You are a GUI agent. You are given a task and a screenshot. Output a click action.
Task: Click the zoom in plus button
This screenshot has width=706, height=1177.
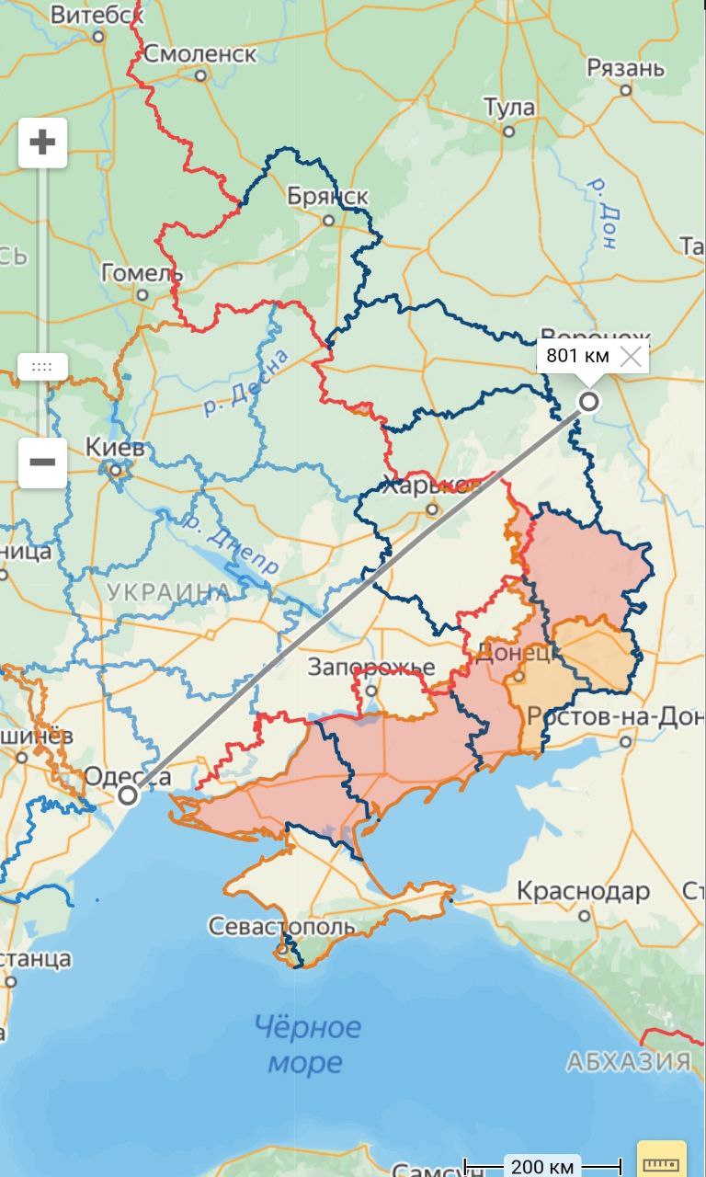click(x=42, y=143)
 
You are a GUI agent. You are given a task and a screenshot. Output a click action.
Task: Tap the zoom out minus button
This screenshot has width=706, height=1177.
click(x=42, y=462)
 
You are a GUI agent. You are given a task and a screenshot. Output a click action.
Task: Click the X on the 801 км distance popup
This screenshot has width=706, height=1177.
click(x=631, y=357)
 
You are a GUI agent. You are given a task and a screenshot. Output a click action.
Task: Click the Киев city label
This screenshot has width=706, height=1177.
click(x=115, y=449)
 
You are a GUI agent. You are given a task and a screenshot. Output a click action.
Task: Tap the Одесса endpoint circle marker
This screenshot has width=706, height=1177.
click(x=129, y=794)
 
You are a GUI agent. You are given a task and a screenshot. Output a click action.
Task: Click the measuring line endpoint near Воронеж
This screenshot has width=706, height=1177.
click(x=588, y=401)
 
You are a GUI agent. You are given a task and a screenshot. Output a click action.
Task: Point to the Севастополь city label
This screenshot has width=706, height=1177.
click(x=281, y=926)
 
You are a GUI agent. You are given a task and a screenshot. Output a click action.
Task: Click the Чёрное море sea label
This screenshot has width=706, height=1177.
click(x=307, y=1045)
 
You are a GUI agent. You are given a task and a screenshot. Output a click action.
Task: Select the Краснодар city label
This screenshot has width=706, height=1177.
click(x=583, y=891)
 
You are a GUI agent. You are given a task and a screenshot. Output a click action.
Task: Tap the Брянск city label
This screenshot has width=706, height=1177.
click(x=327, y=197)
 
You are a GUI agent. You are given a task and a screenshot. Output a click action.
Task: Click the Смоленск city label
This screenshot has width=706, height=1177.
click(x=200, y=53)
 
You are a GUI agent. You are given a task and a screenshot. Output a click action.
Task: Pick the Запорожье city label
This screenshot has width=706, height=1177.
click(x=370, y=666)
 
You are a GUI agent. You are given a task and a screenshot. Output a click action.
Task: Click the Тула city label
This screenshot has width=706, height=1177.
click(x=509, y=108)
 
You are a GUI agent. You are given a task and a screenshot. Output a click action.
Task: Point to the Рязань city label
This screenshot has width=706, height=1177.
click(x=625, y=68)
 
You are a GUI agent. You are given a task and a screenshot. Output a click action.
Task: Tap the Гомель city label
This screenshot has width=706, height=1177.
click(x=142, y=273)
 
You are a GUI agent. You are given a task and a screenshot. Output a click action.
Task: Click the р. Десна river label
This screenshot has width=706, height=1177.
click(x=245, y=382)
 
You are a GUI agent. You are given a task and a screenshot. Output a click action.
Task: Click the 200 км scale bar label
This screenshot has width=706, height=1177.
click(x=541, y=1167)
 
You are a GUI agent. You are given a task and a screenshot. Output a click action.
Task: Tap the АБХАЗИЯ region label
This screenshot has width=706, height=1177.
click(x=629, y=1062)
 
